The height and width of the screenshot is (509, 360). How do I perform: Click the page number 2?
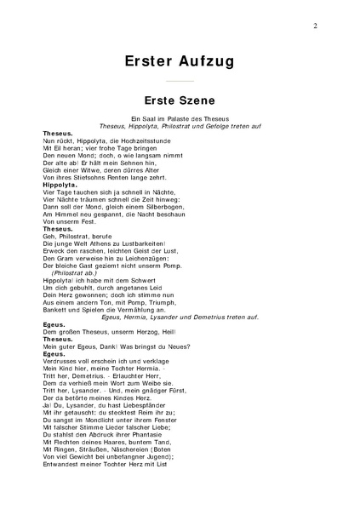[x=314, y=26]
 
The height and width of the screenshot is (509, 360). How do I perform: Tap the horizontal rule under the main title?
[x=180, y=80]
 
